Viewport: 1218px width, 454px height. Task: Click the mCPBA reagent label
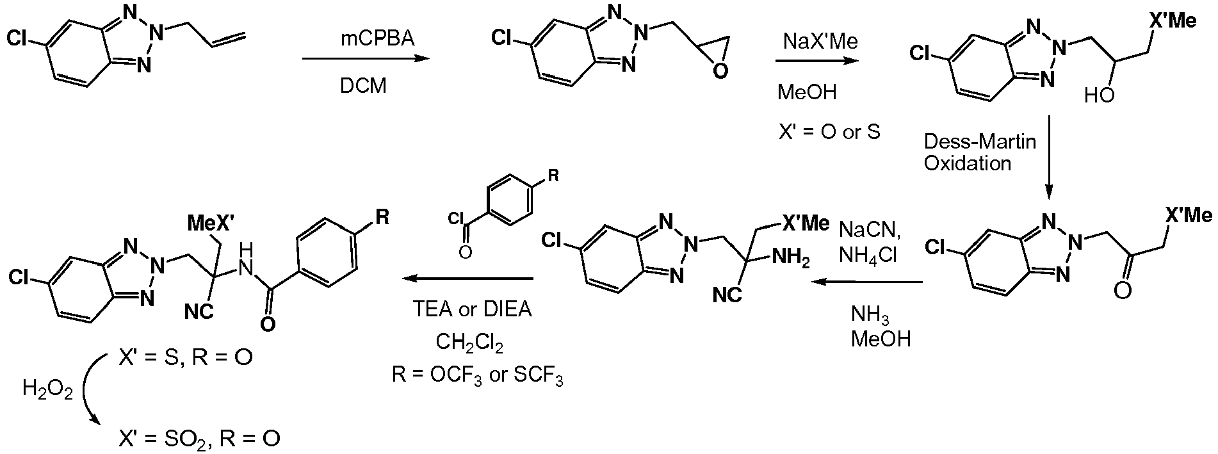pos(377,39)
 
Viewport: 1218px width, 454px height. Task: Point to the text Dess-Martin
pos(979,141)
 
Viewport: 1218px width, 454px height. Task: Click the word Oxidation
pos(967,163)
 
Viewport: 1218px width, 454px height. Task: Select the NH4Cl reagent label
pos(868,255)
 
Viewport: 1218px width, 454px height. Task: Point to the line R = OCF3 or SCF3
pos(478,375)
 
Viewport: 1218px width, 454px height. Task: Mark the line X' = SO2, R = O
pos(199,439)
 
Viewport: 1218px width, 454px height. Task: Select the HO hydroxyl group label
pos(1100,96)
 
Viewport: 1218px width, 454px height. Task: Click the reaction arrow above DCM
pos(364,60)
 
